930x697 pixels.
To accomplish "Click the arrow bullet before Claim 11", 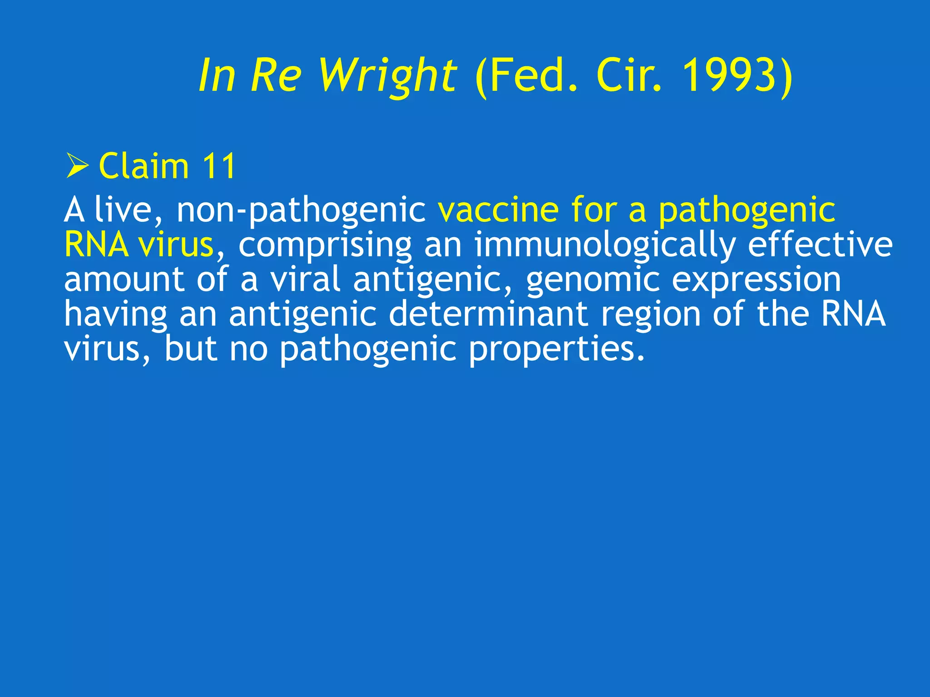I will (77, 166).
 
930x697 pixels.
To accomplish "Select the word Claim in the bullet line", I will (143, 166).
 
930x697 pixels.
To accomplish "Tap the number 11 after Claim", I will (219, 166).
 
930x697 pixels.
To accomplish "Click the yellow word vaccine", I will (498, 210).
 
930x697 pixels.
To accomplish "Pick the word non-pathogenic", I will (301, 211).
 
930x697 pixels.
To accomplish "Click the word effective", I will (820, 245).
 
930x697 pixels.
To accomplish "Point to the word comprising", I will (325, 245).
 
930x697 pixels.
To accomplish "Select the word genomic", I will (593, 280).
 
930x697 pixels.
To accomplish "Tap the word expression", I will (756, 280).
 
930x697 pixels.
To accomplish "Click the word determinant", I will (489, 314).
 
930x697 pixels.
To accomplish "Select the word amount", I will (124, 280).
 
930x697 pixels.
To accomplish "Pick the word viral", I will (305, 280).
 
